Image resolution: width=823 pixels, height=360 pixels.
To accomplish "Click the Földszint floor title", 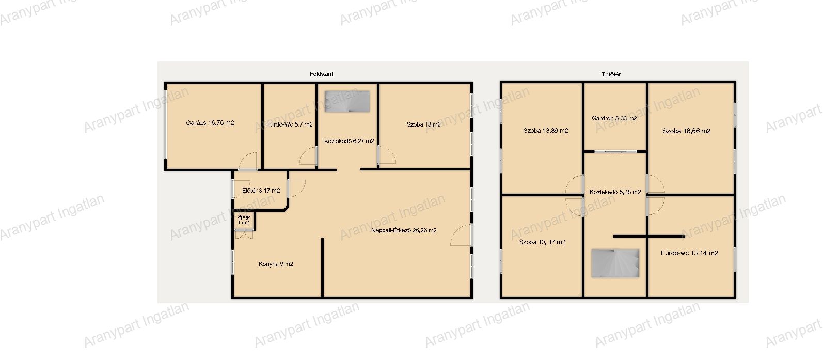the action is pos(321,74).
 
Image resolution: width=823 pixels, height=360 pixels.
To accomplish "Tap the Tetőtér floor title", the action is pos(611,74).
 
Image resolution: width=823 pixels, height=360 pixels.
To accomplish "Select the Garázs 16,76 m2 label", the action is pos(210,123).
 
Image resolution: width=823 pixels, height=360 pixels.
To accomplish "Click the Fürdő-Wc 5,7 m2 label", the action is pos(290,124).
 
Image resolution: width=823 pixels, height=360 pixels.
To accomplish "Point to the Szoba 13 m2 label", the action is pos(423,124).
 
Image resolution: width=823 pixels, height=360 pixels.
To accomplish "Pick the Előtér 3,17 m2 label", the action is pos(261,191).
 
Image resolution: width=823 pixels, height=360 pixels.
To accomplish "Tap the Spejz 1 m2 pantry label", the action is pos(244,220).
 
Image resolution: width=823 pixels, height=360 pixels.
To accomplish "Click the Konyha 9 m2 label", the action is pos(276,264).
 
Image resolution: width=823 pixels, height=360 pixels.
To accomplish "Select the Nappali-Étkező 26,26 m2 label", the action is pos(403,230).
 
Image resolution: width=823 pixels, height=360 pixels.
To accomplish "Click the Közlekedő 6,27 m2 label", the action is pos(349,141).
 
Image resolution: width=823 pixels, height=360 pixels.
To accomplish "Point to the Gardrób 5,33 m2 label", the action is pos(614,118).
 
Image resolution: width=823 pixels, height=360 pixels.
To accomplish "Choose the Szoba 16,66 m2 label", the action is pos(686,131).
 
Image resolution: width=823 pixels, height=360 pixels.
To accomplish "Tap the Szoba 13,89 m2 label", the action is pos(545,131).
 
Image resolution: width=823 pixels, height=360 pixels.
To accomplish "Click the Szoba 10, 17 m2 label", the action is pos(542,242).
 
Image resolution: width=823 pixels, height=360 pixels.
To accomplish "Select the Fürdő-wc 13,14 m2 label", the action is pos(689,253).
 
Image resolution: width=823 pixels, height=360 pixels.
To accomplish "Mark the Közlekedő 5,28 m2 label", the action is pos(615,192).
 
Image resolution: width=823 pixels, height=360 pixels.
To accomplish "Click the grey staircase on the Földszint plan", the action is pos(347,101).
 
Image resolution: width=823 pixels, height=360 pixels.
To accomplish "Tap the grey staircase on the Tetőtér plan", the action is pos(615,263).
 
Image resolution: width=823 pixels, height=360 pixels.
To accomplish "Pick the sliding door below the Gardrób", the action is pos(615,151).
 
